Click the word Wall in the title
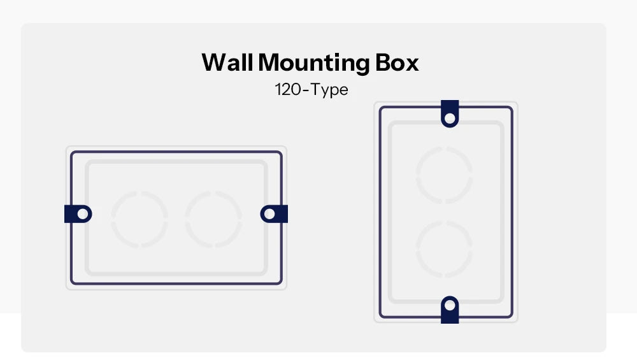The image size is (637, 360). pyautogui.click(x=227, y=62)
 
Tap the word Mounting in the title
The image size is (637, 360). pyautogui.click(x=314, y=64)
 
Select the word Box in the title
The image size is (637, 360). pyautogui.click(x=397, y=62)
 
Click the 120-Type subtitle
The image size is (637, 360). pyautogui.click(x=311, y=90)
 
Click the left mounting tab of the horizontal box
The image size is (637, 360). pyautogui.click(x=78, y=214)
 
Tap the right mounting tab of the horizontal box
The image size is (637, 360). pyautogui.click(x=274, y=214)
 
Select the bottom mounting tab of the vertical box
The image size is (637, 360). pyautogui.click(x=450, y=310)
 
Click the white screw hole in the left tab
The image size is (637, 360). pyautogui.click(x=82, y=214)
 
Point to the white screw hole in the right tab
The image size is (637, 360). pyautogui.click(x=269, y=214)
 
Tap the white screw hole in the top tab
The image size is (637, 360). pyautogui.click(x=450, y=119)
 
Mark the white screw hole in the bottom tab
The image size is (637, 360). pyautogui.click(x=450, y=305)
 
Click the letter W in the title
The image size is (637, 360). pyautogui.click(x=215, y=62)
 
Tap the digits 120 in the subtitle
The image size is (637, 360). pyautogui.click(x=288, y=90)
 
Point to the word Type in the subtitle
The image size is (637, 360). pyautogui.click(x=330, y=90)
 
